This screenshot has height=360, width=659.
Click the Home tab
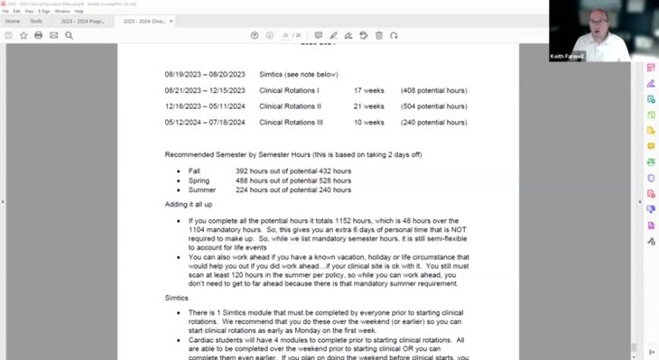(13, 21)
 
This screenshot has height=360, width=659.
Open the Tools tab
(36, 21)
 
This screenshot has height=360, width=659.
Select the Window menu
(61, 11)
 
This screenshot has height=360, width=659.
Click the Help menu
(79, 11)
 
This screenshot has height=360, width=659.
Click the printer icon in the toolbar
(38, 35)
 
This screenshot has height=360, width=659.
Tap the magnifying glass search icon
(69, 35)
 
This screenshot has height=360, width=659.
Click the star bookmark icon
(23, 35)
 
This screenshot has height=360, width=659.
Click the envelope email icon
(53, 35)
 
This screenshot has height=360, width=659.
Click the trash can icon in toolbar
(378, 35)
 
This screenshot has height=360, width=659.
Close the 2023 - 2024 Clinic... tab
(171, 21)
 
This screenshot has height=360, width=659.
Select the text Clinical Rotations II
(290, 106)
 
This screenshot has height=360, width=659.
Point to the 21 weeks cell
(369, 106)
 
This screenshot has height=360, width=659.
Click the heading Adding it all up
(189, 205)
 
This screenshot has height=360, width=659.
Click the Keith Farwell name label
(568, 56)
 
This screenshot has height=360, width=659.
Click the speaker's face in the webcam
(598, 22)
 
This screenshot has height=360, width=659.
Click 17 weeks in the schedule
(369, 90)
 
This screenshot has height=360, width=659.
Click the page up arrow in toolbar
(255, 35)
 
